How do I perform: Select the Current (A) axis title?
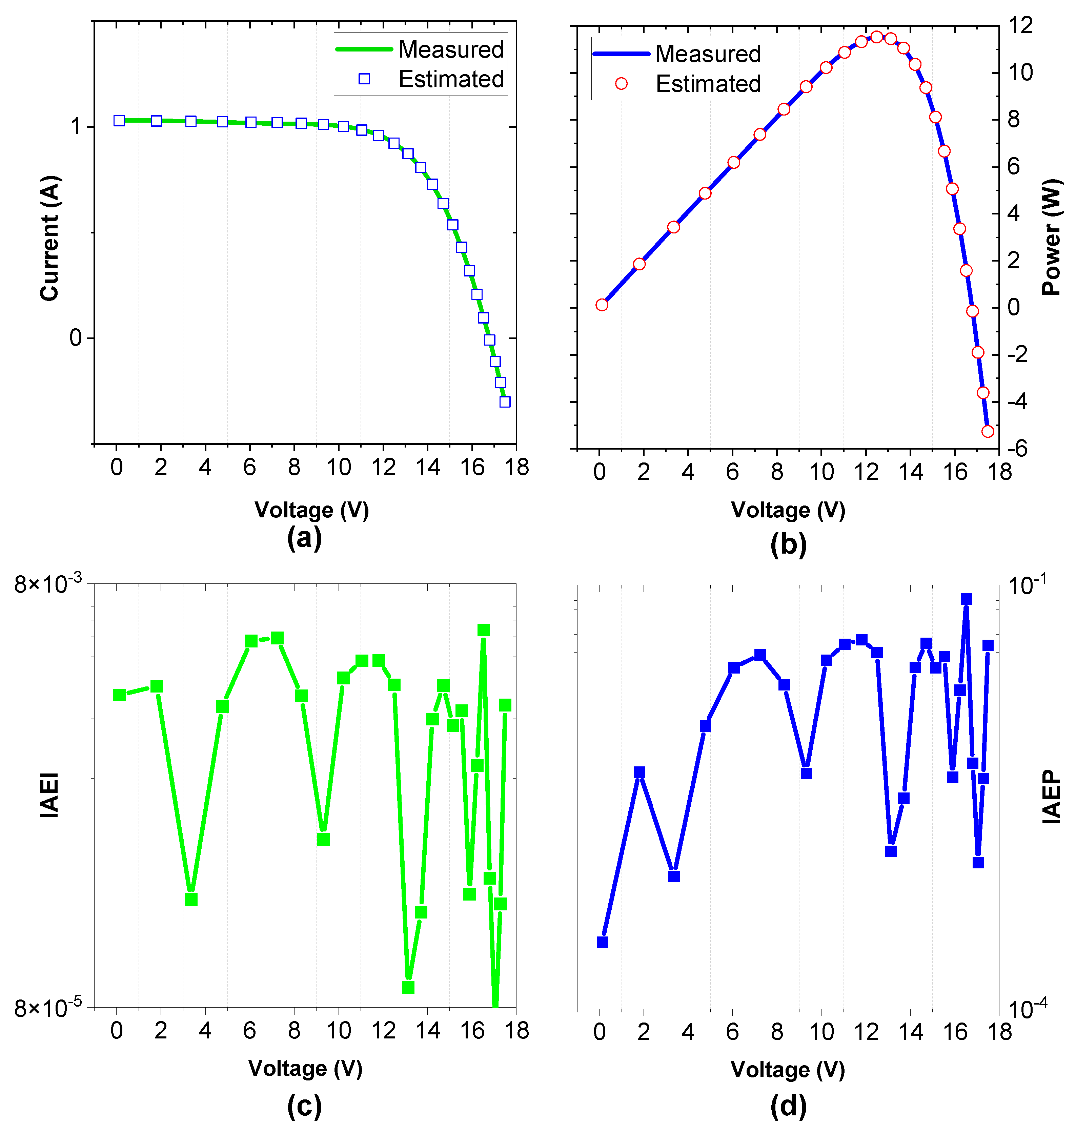(50, 238)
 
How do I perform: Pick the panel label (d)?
(788, 1106)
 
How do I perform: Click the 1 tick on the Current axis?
(76, 126)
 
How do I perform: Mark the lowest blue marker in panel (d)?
(602, 942)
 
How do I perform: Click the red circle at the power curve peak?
(876, 37)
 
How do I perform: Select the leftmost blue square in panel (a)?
(119, 120)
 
